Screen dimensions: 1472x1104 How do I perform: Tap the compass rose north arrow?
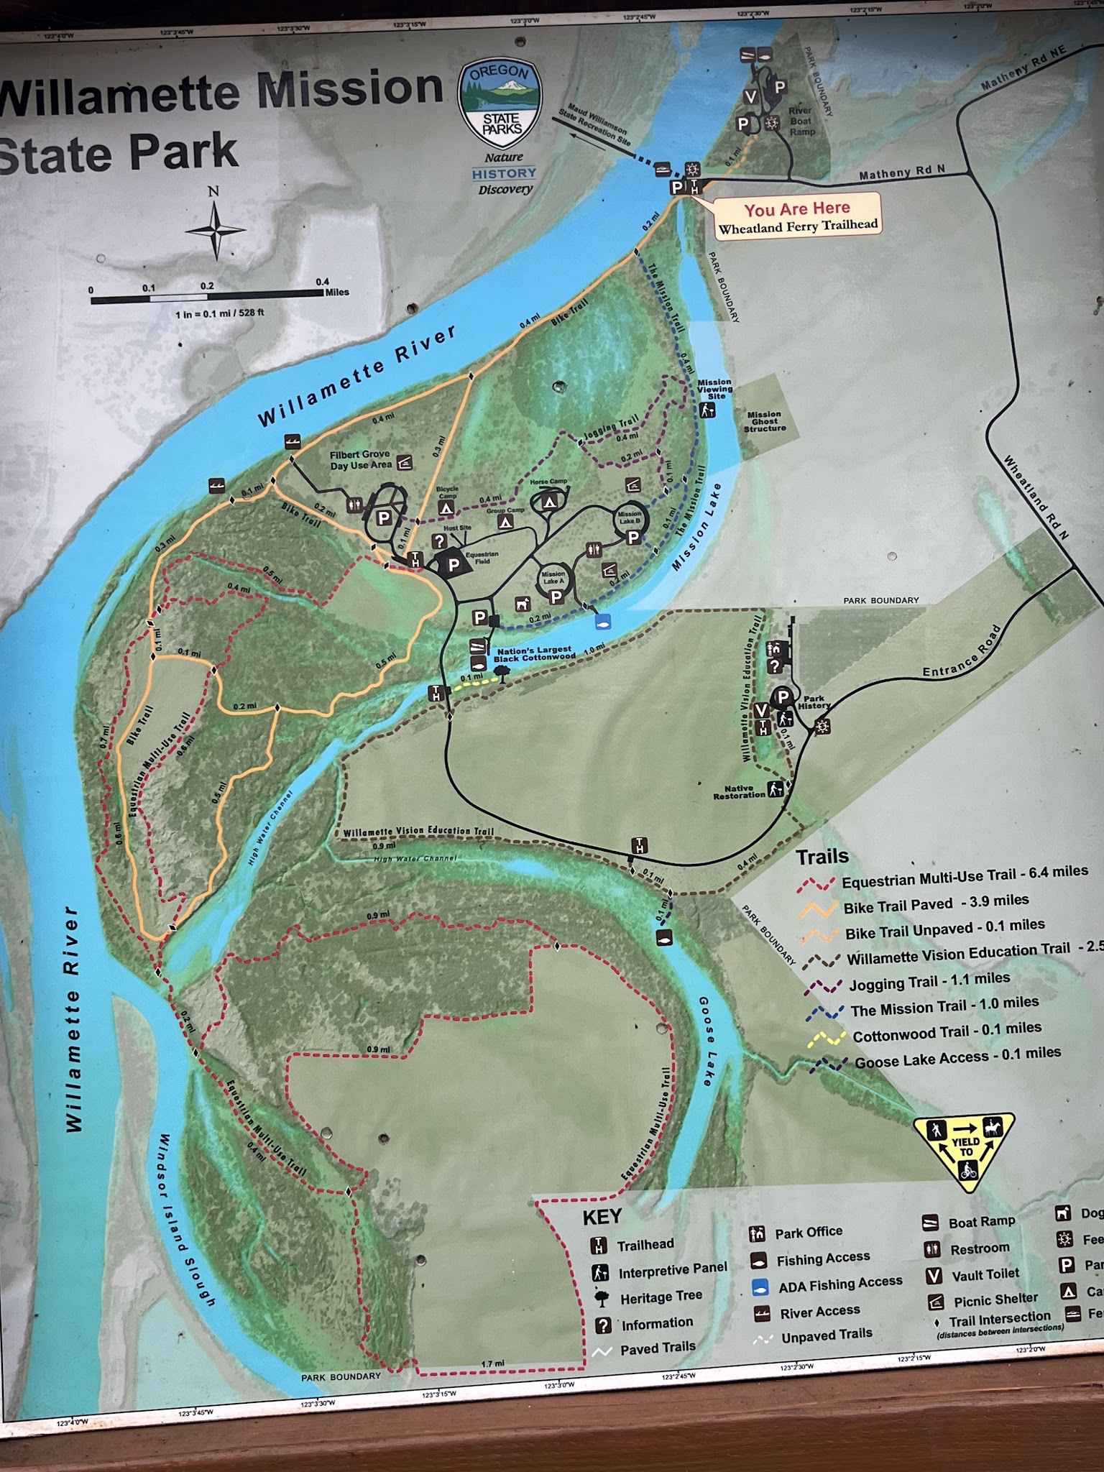click(215, 230)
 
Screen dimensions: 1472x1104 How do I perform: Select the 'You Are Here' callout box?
click(796, 216)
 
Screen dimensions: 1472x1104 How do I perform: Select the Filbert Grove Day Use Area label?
click(360, 460)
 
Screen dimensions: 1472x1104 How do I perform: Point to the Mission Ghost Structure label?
click(764, 421)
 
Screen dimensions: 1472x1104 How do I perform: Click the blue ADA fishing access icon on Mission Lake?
click(602, 620)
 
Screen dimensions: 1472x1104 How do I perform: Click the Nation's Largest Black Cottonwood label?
click(535, 654)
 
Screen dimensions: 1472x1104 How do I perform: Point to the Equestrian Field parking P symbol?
click(454, 565)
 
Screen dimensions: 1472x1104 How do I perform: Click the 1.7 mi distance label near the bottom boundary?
click(492, 1364)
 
